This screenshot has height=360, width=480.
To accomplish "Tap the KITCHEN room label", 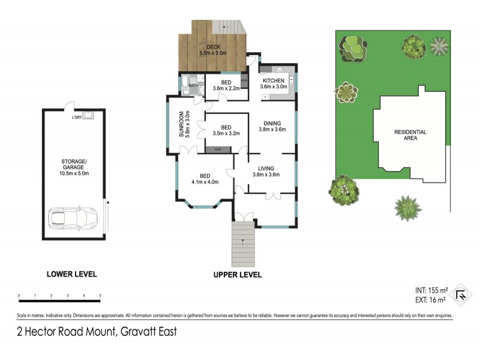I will coord(274,83).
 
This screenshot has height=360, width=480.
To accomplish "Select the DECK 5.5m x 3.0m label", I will coord(213,50).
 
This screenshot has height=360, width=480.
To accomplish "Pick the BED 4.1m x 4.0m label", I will coord(205,178).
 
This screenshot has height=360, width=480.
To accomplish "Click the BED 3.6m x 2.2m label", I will coord(226,85).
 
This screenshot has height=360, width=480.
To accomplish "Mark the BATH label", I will coord(193,86).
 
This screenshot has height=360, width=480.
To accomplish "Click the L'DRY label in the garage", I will coord(76,117).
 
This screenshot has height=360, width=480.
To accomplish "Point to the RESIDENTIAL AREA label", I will coord(410,135).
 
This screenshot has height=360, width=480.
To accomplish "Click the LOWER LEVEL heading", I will coord(71,274).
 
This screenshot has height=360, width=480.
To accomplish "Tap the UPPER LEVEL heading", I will coord(237,275).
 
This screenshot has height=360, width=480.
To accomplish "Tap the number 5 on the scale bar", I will coord(100,296).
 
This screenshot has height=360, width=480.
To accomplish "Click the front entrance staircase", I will coord(243,244).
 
